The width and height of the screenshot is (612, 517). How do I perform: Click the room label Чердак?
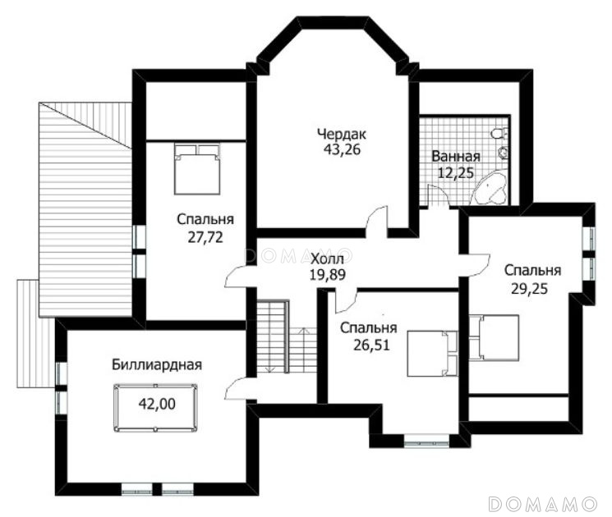[342, 135]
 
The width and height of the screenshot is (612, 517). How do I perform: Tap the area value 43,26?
[342, 149]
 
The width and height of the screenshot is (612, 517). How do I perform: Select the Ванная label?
[455, 157]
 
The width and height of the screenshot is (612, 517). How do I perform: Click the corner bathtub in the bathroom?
[489, 189]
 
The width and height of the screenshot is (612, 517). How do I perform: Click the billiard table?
[155, 408]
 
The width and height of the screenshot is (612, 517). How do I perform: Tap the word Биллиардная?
[157, 365]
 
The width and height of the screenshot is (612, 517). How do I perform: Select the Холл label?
[327, 258]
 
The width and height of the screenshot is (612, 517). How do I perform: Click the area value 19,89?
[328, 275]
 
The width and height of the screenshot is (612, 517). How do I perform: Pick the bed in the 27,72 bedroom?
[197, 169]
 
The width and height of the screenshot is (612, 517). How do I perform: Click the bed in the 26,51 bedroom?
[432, 354]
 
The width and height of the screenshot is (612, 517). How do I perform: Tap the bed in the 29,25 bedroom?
[494, 337]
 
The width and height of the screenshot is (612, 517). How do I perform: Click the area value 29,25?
[530, 289]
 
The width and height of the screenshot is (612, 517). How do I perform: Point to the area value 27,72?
[205, 237]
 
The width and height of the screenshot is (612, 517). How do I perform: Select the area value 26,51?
[371, 345]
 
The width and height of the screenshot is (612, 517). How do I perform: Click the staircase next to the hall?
[287, 336]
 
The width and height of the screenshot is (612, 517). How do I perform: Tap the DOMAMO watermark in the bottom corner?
[543, 504]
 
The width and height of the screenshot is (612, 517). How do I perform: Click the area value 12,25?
[455, 172]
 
